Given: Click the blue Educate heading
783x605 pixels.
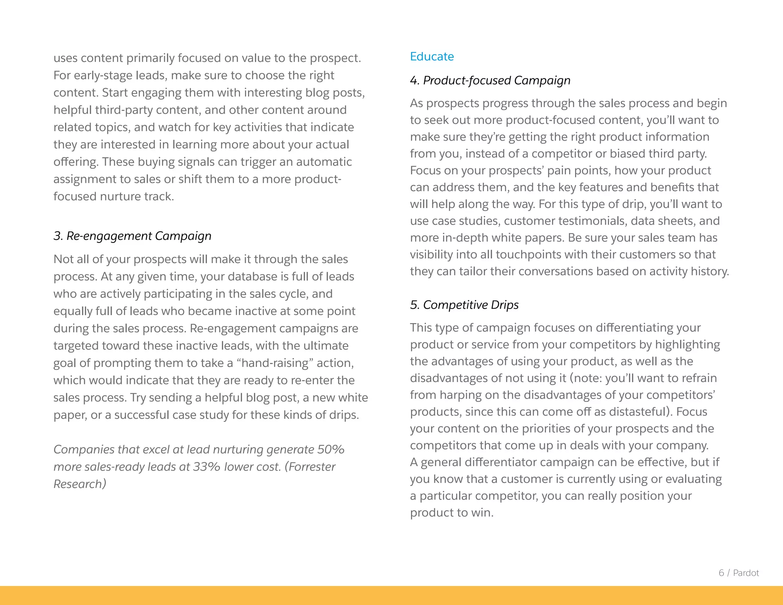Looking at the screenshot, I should click(x=432, y=57).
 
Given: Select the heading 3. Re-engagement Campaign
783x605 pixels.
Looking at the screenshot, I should click(x=132, y=236).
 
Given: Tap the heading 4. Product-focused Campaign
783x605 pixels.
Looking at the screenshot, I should click(x=490, y=80).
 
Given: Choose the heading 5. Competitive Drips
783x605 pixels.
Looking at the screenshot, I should click(x=464, y=305).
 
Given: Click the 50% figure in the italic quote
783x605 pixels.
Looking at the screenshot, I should click(x=331, y=449).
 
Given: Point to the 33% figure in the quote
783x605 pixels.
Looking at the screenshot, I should click(x=206, y=467).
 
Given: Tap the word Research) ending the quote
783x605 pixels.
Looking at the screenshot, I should click(x=80, y=484).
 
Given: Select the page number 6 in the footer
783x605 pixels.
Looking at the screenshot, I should click(x=721, y=573).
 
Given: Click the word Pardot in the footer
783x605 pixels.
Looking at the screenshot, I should click(x=746, y=573).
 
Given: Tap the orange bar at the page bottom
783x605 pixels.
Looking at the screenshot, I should click(x=391, y=595).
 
